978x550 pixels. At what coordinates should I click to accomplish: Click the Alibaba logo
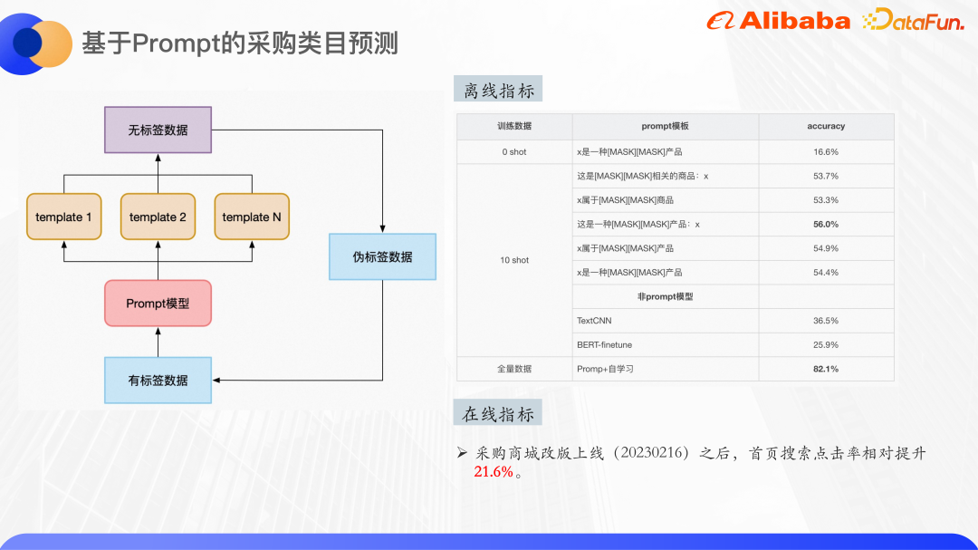click(x=778, y=21)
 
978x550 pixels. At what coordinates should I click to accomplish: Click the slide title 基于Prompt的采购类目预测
click(x=240, y=43)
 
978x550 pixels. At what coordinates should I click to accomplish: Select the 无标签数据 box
click(x=158, y=130)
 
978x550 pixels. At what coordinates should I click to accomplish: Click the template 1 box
click(x=63, y=217)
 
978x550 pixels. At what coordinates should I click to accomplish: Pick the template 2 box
click(x=158, y=217)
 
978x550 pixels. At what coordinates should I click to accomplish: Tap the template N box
click(x=252, y=217)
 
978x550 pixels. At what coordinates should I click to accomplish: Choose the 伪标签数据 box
click(x=382, y=256)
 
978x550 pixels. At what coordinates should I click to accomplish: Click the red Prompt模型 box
click(x=158, y=304)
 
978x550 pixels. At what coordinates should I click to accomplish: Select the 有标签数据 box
click(x=158, y=380)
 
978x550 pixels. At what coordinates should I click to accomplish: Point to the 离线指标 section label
click(x=498, y=90)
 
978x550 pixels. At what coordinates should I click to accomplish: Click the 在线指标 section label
click(x=498, y=414)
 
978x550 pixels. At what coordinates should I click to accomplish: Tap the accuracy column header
click(x=825, y=126)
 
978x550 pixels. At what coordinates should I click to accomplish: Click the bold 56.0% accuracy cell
click(x=825, y=224)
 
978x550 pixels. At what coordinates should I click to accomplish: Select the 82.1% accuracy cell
click(x=825, y=369)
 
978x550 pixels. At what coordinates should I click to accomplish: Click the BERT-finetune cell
click(x=604, y=344)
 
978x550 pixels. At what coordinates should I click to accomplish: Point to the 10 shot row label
click(x=514, y=260)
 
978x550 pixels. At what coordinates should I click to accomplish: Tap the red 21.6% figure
click(x=494, y=472)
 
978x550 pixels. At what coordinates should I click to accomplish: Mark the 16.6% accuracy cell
click(x=825, y=151)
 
